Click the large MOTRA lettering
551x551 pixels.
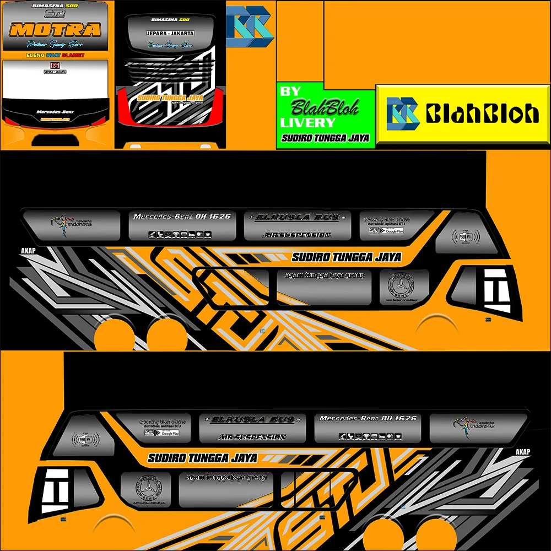coord(55,29)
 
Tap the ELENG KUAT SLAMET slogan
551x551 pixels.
coord(55,55)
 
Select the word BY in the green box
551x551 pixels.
coord(290,91)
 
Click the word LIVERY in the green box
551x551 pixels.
coord(307,122)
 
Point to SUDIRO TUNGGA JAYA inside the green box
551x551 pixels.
coord(325,138)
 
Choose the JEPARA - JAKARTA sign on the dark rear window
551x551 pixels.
coord(170,33)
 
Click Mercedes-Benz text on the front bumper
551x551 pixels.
coord(55,112)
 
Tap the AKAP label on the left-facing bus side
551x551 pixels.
coord(523,452)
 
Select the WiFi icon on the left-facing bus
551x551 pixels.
coord(85,440)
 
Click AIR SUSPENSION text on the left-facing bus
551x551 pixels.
coord(252,437)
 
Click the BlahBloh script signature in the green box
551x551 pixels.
coord(325,106)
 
